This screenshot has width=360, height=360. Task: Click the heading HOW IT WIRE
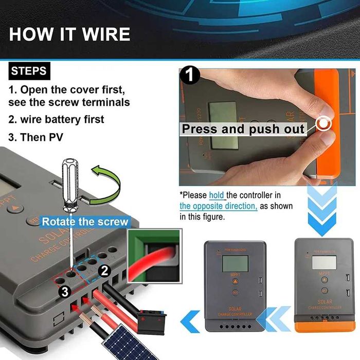[69, 34]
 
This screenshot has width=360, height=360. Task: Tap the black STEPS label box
[29, 70]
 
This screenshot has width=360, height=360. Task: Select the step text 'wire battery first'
[62, 119]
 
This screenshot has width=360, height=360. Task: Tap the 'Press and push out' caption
[243, 129]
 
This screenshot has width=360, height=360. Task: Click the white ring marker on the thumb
[323, 124]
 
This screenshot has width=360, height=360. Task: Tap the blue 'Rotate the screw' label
[84, 222]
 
